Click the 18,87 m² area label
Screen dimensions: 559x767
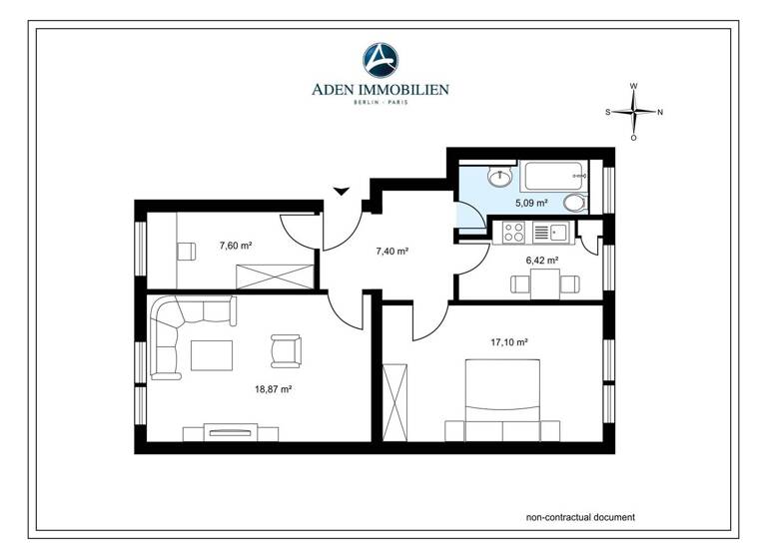(273, 388)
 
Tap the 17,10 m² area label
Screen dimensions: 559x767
(509, 341)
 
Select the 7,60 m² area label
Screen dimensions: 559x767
(234, 245)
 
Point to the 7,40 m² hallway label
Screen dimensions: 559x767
(390, 252)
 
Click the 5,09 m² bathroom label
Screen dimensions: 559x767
(531, 203)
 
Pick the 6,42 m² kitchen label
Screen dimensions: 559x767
(540, 261)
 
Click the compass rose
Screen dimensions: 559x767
(633, 112)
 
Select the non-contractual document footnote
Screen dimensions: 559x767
(580, 517)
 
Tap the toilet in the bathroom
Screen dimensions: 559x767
(575, 203)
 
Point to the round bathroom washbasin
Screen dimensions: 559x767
(499, 178)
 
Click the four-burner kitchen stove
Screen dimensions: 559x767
(513, 233)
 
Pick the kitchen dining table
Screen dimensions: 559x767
(543, 284)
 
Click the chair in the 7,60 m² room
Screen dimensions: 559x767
(185, 250)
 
